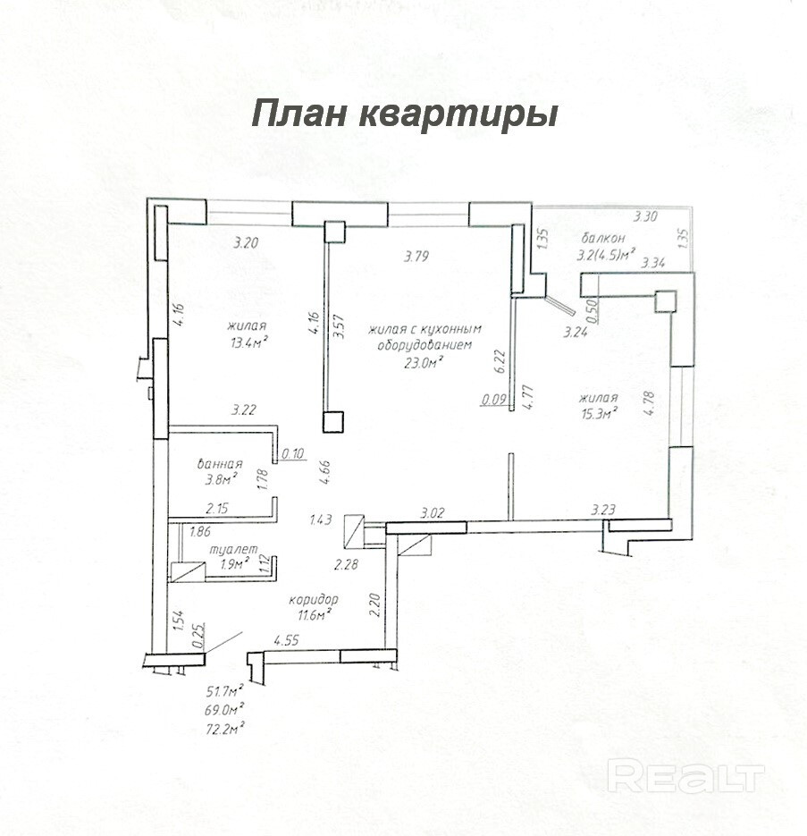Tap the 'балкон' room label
click(x=603, y=238)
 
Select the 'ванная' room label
click(x=220, y=464)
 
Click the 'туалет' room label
click(x=234, y=549)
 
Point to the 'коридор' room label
click(x=314, y=600)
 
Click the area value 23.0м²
click(x=425, y=362)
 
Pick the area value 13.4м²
click(x=248, y=342)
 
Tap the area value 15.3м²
click(x=599, y=413)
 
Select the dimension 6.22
click(x=500, y=361)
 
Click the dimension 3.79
click(x=416, y=257)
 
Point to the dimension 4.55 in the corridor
click(x=286, y=640)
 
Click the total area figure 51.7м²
click(x=225, y=691)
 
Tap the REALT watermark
click(x=686, y=776)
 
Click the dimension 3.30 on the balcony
click(x=645, y=216)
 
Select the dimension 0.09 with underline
click(x=493, y=399)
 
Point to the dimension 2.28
click(x=346, y=564)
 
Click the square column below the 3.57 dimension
click(x=333, y=422)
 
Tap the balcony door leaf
click(x=560, y=306)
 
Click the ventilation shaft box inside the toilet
click(x=188, y=571)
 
